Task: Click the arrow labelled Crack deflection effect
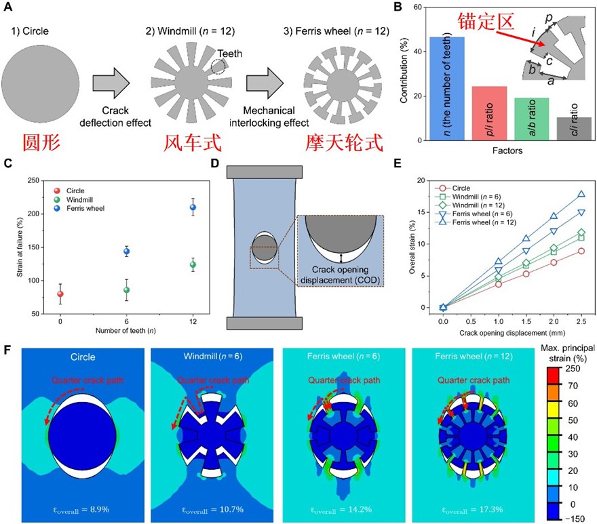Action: point(116,81)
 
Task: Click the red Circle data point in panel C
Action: point(60,294)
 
